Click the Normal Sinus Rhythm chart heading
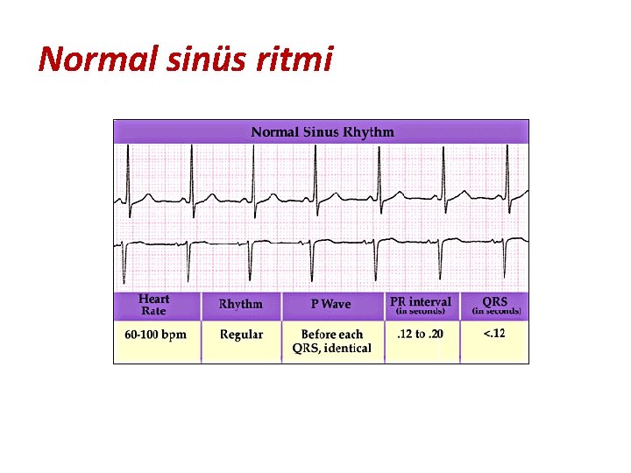point(323,132)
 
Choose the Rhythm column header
point(240,305)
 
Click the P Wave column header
point(330,305)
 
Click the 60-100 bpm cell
point(155,335)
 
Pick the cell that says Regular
point(241,335)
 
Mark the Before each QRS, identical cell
point(331,341)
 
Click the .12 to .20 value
point(420,335)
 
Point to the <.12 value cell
point(494,334)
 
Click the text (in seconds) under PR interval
point(420,311)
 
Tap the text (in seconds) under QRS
point(496,311)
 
